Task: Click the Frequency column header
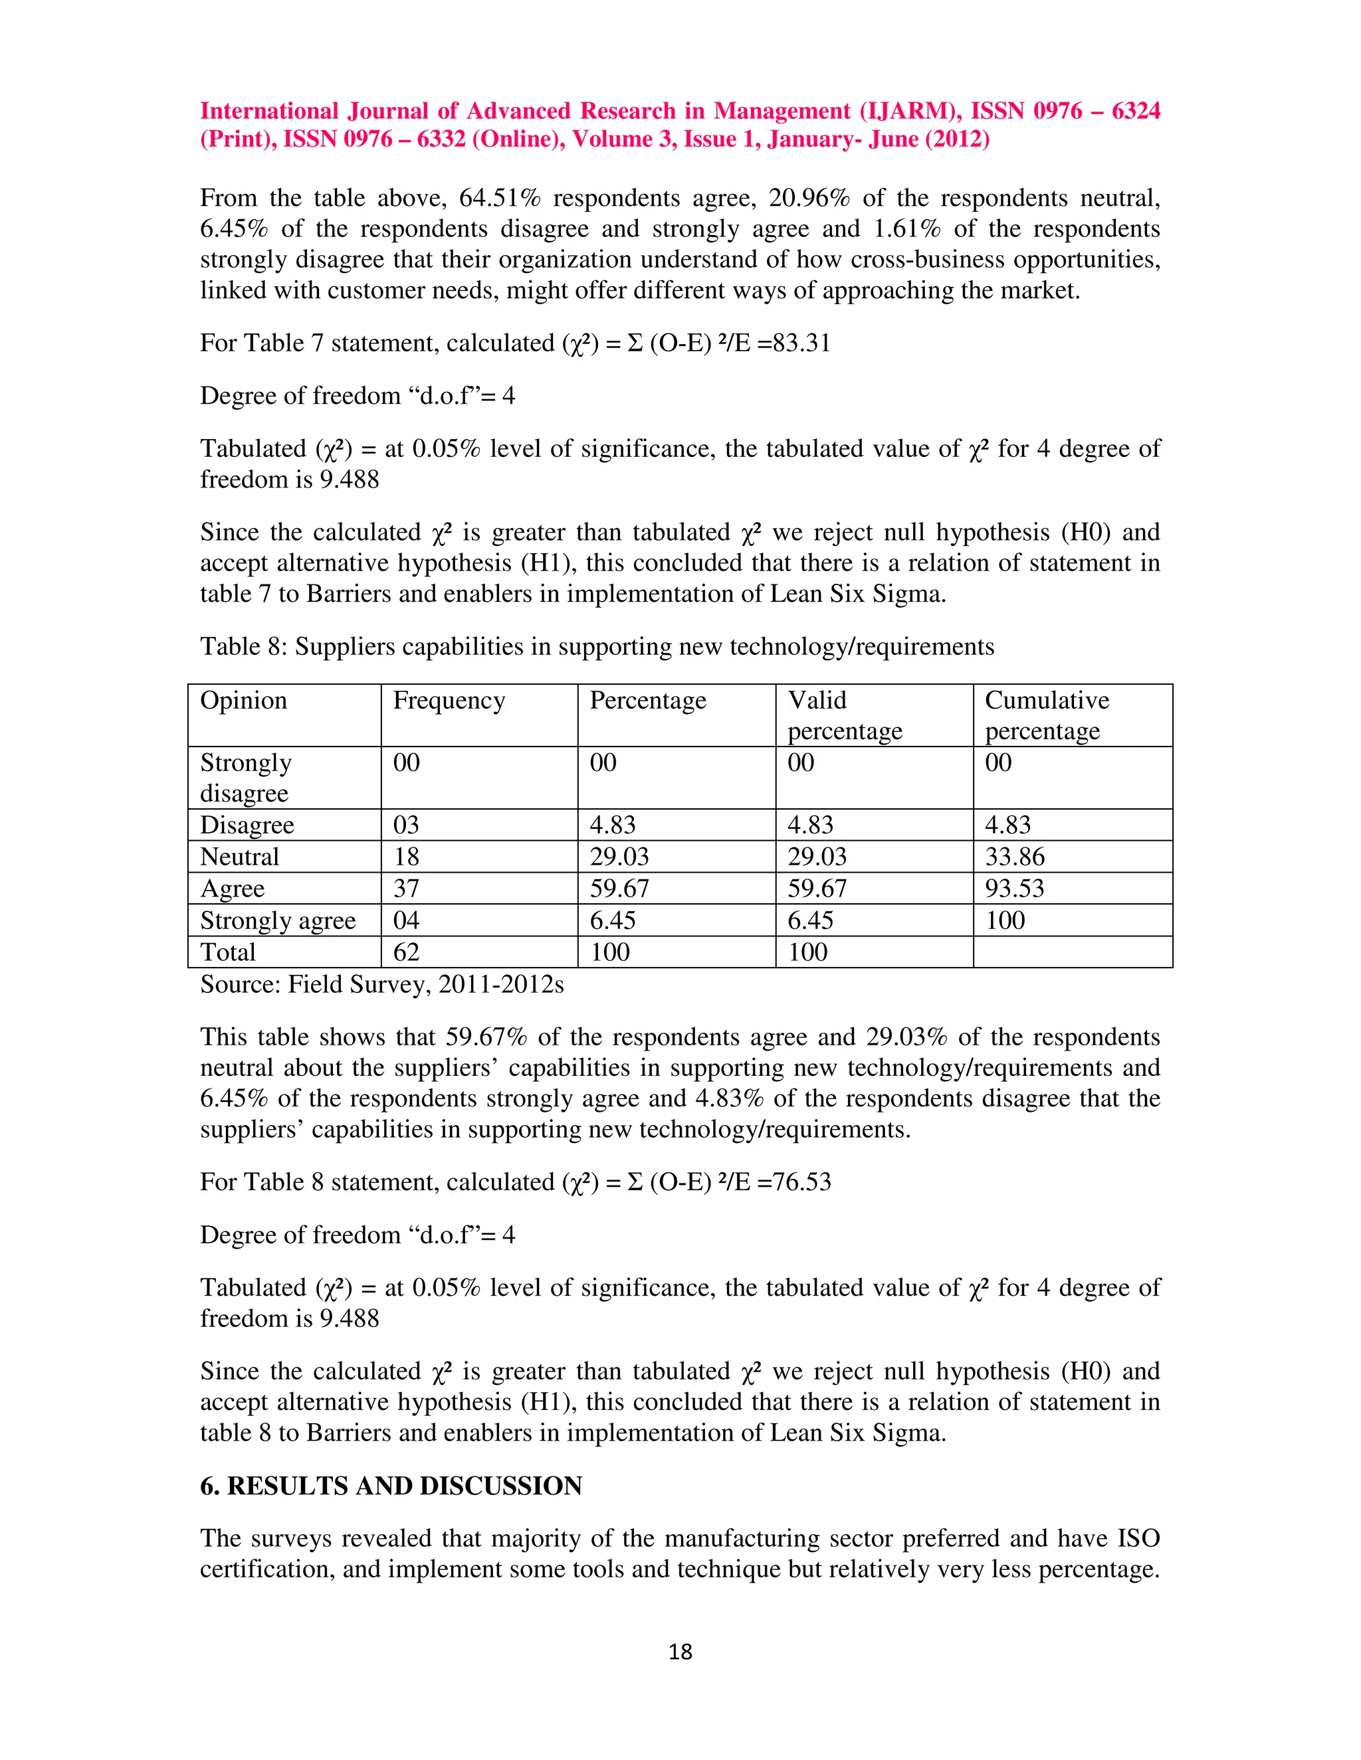pos(449,700)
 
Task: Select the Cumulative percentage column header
pos(1046,715)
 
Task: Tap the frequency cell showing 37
pos(406,888)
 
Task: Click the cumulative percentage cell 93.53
pos(1013,888)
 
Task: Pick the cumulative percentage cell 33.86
pos(1013,857)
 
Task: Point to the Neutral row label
pos(239,857)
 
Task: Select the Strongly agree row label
pos(277,921)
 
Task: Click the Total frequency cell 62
pos(406,952)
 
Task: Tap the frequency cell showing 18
pos(406,857)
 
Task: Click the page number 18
pos(680,1652)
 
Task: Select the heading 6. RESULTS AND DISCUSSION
pos(390,1485)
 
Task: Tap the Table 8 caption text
pos(597,646)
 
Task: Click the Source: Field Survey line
pos(381,984)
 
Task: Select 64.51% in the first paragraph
pos(499,198)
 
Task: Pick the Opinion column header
pos(243,700)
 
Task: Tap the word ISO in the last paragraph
pos(1138,1538)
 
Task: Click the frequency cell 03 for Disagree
pos(406,825)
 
